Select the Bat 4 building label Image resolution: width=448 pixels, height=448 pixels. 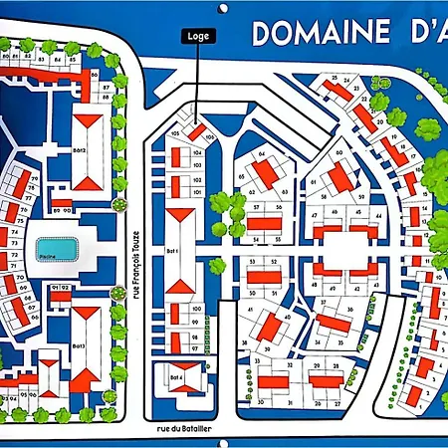[x=174, y=378]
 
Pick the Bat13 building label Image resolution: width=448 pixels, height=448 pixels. [x=79, y=344]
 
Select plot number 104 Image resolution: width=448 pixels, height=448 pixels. [x=197, y=153]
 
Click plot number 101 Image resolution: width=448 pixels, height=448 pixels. [x=197, y=192]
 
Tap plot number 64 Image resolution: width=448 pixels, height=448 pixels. [x=263, y=154]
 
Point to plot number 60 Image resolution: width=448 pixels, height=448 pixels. [x=338, y=153]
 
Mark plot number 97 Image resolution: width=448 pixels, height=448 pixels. [x=197, y=348]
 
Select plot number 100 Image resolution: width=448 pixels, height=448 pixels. [x=197, y=310]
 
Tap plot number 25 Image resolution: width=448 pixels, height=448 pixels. [x=335, y=78]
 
